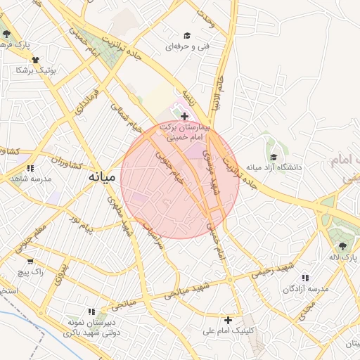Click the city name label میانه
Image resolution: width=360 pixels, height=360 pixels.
point(101,178)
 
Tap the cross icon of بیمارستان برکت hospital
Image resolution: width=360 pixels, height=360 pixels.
point(184,116)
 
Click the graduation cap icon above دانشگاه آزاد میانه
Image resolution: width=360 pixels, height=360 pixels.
point(274,157)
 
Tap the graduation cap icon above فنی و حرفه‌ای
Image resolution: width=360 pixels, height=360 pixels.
point(186,35)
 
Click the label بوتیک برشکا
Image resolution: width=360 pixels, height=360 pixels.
point(36,71)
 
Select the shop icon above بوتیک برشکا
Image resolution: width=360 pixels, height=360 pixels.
point(36,60)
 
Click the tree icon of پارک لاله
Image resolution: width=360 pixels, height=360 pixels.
point(342,245)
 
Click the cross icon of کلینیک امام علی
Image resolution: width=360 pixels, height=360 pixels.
point(227,320)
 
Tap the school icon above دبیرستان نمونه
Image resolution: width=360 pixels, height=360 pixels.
point(91,311)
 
